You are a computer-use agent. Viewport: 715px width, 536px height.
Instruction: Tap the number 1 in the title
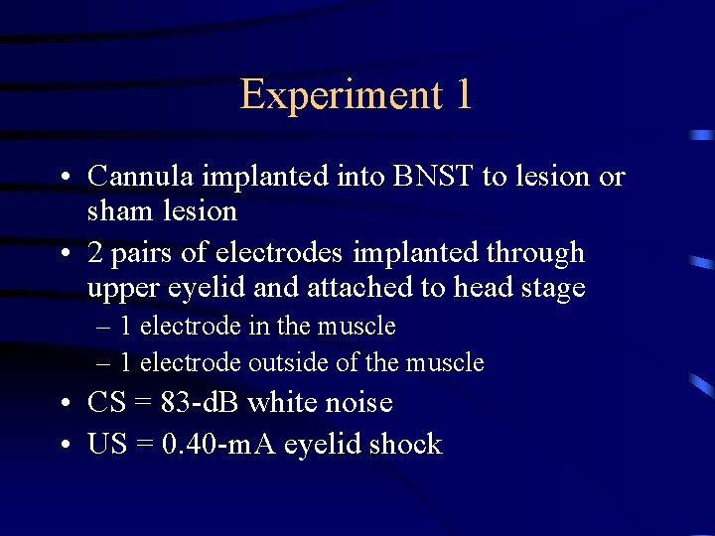pyautogui.click(x=462, y=95)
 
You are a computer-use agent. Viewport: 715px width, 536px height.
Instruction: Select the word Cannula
pyautogui.click(x=141, y=177)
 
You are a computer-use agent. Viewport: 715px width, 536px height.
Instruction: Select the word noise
pyautogui.click(x=357, y=403)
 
